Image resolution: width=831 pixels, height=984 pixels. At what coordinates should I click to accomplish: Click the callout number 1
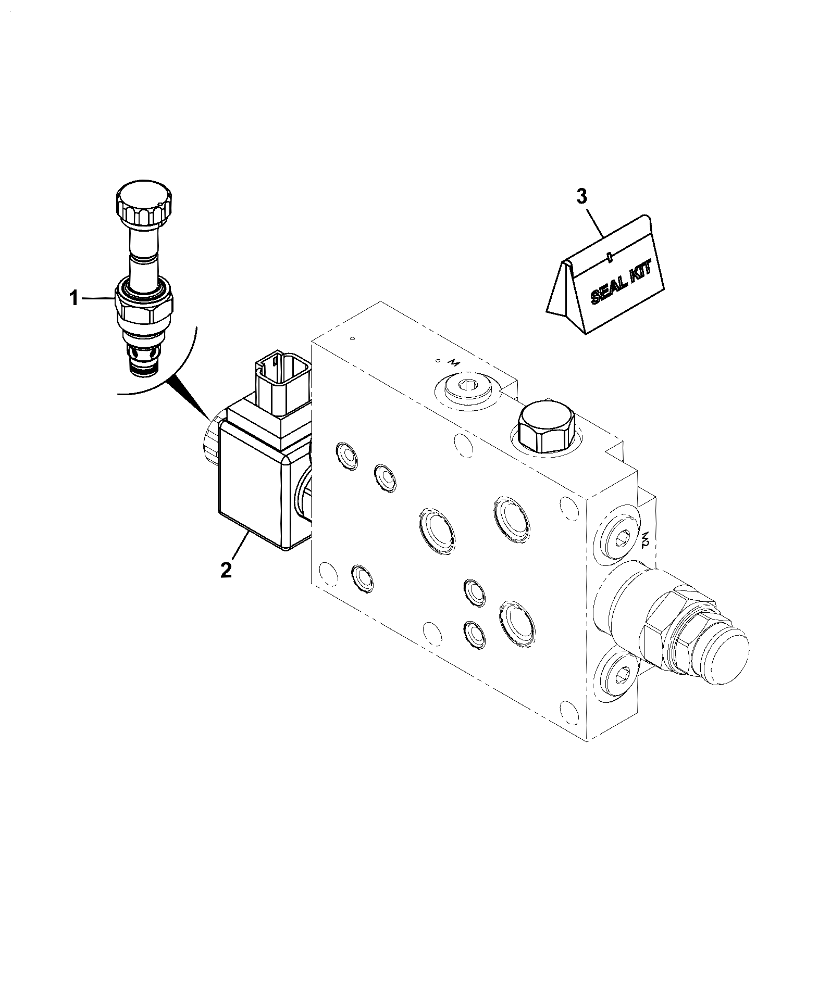74,299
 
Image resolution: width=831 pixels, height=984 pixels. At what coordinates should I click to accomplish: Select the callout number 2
226,570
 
